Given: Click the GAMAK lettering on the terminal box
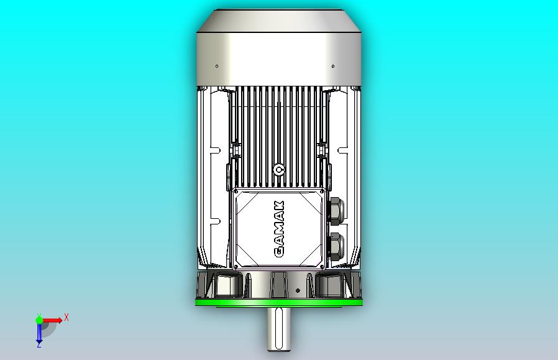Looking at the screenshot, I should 279,229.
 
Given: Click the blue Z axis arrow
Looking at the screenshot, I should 39,334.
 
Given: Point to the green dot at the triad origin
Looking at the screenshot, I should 39,320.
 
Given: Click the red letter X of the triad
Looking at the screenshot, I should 66,317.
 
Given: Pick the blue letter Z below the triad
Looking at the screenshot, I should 39,345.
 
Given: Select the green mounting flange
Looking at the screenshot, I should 279,302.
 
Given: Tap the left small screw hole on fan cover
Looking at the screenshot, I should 217,66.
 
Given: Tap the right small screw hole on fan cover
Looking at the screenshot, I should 333,66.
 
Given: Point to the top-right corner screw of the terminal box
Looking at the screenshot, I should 322,193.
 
